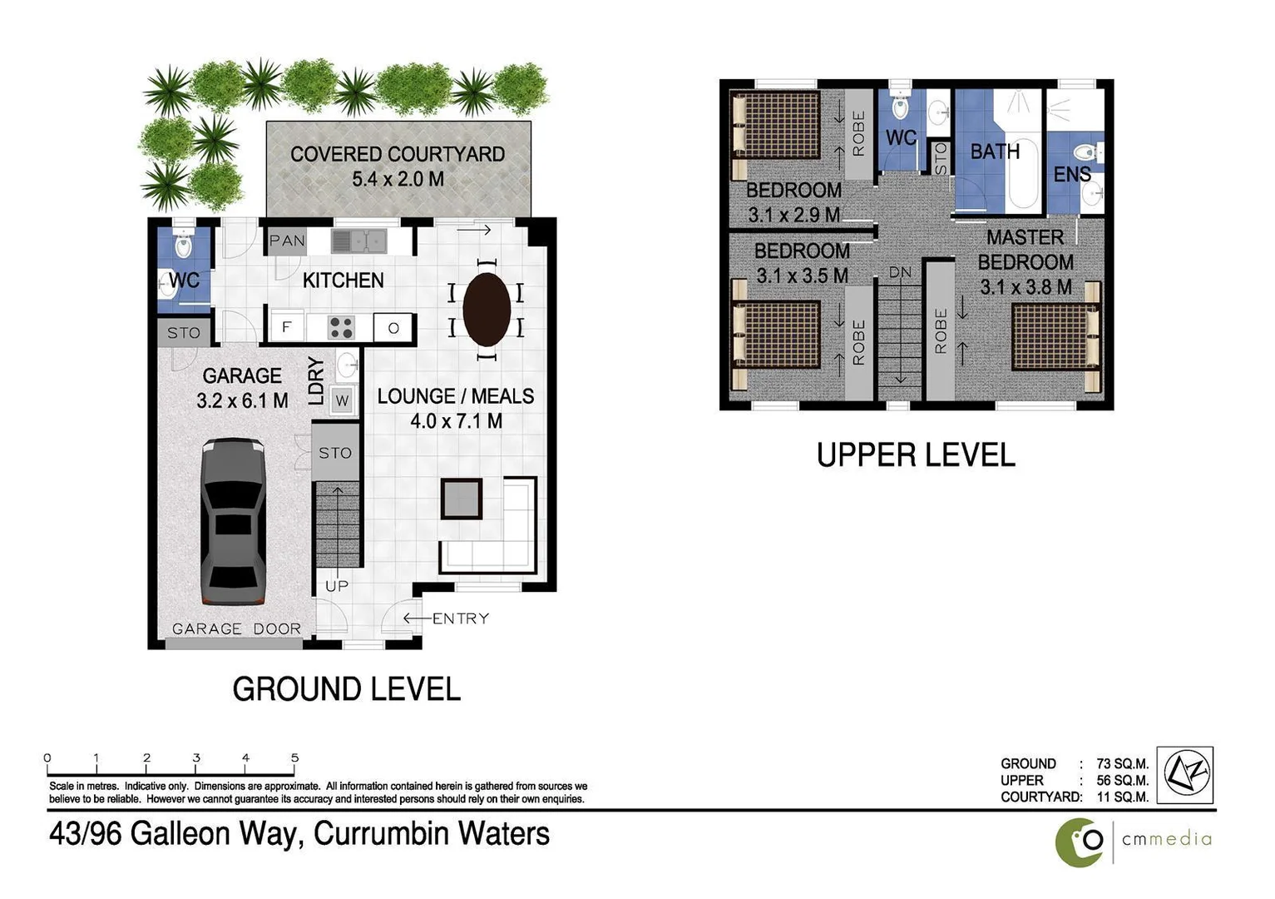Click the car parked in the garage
[233, 523]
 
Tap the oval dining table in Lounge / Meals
[487, 309]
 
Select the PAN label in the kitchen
[287, 241]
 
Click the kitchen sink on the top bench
[359, 241]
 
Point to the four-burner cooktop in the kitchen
[340, 327]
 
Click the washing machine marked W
[342, 401]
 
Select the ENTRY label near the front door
[460, 618]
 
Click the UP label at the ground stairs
[337, 586]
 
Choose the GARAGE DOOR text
[236, 628]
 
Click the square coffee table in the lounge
[461, 499]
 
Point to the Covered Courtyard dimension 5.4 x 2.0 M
[398, 179]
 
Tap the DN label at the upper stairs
[900, 272]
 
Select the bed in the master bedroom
[1055, 336]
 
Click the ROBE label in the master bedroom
[941, 331]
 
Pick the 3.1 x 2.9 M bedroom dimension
[793, 215]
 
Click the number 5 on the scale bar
[295, 757]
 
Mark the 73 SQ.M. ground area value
[1122, 763]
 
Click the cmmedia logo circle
[1080, 842]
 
